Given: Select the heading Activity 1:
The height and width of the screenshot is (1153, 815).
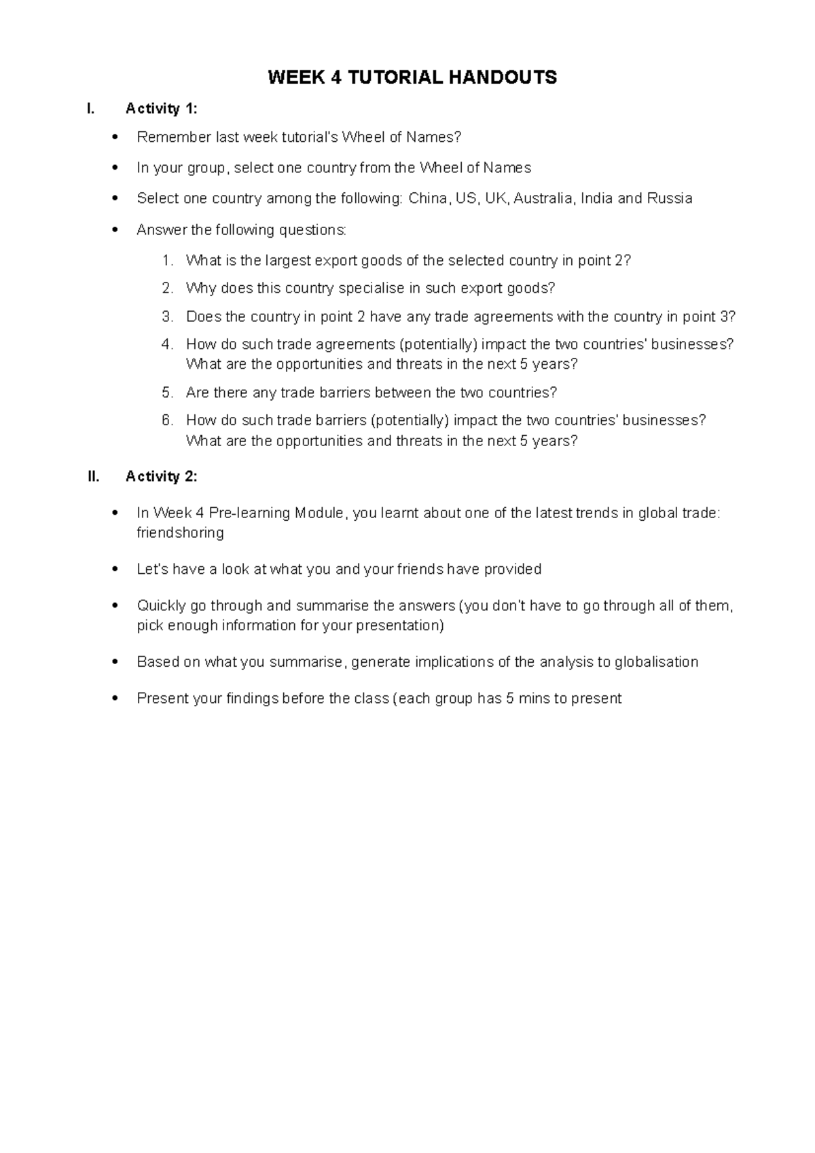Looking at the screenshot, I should (x=162, y=109).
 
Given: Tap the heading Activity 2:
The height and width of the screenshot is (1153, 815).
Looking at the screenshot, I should (x=162, y=477).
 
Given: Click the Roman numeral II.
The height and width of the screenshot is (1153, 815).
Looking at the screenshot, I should (x=94, y=477).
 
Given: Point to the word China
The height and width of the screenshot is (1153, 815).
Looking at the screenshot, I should (x=428, y=198).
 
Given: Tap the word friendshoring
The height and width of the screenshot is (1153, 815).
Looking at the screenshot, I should (x=180, y=532).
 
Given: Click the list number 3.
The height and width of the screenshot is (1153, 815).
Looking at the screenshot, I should (x=167, y=316).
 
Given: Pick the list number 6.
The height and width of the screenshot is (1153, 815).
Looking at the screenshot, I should (x=167, y=420).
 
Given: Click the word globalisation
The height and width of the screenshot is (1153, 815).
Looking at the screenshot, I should (x=656, y=661).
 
